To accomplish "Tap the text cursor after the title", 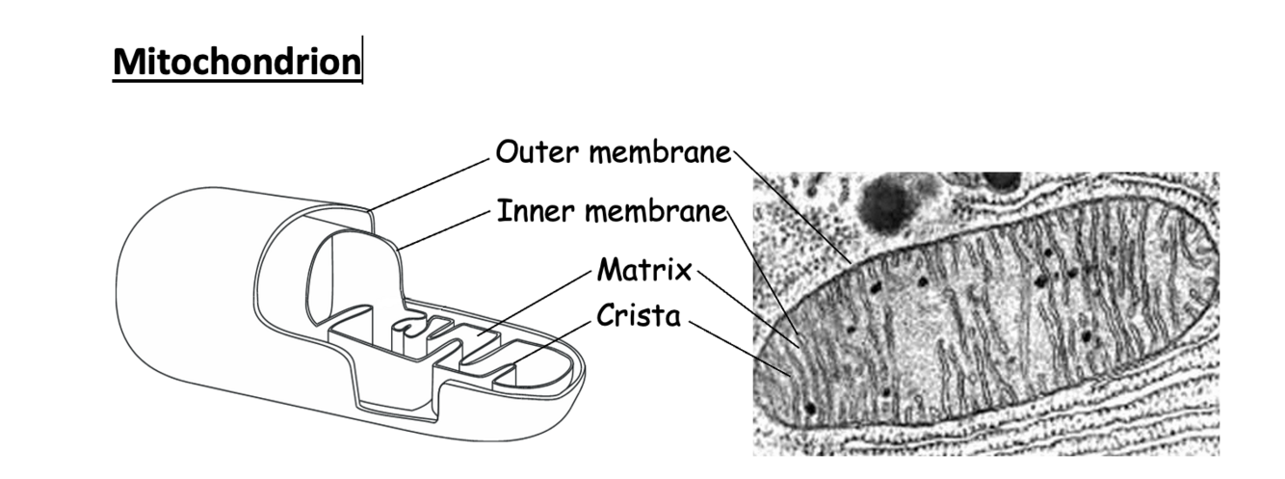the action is (x=362, y=62).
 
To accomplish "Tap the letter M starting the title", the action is (x=126, y=63).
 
